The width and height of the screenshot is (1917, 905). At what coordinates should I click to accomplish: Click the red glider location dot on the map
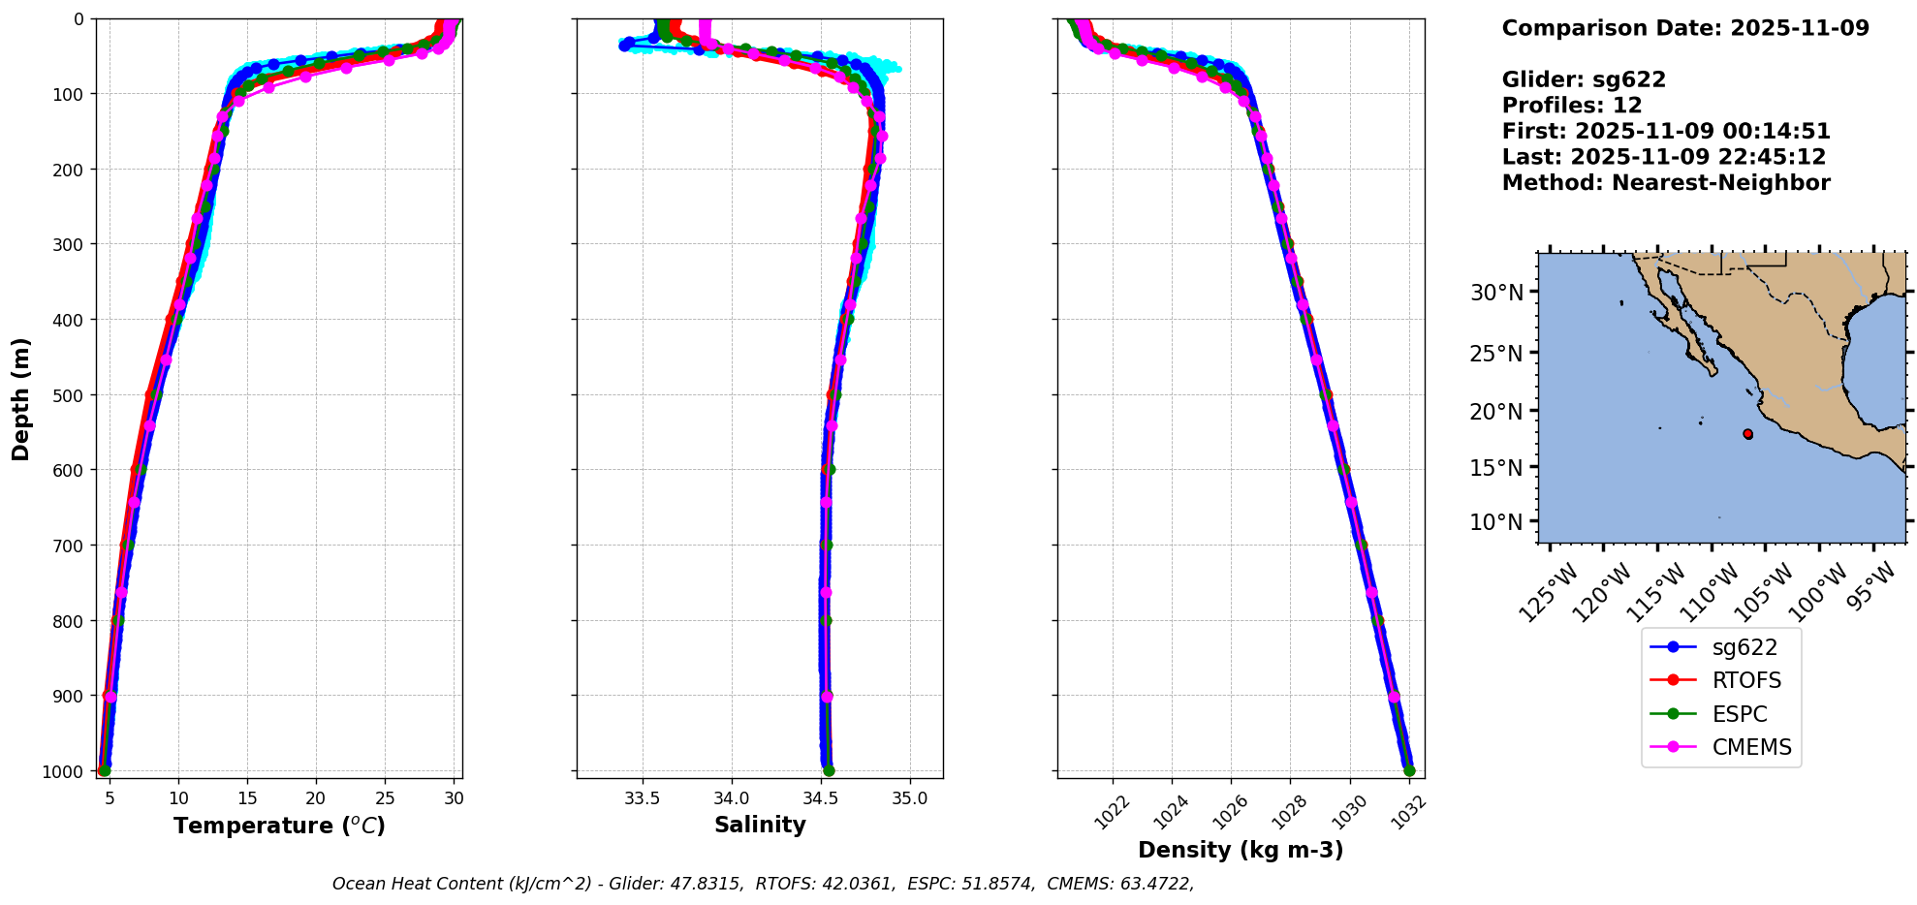[x=1747, y=434]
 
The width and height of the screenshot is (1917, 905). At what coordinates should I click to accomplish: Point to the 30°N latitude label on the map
[x=1496, y=293]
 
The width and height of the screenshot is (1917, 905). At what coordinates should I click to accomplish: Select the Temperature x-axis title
[x=279, y=826]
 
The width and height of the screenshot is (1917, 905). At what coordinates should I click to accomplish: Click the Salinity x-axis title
[x=760, y=825]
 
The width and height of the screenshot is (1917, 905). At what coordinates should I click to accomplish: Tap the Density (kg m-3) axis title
[x=1241, y=850]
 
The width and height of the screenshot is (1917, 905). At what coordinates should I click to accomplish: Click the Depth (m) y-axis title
[x=21, y=398]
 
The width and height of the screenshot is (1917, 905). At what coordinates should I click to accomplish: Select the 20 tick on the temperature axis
[x=316, y=798]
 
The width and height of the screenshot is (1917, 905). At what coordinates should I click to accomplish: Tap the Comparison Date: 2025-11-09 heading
[x=1685, y=28]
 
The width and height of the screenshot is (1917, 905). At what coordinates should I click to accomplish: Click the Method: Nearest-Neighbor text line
[x=1666, y=183]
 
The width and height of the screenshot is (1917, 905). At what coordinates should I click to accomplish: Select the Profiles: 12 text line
[x=1572, y=106]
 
